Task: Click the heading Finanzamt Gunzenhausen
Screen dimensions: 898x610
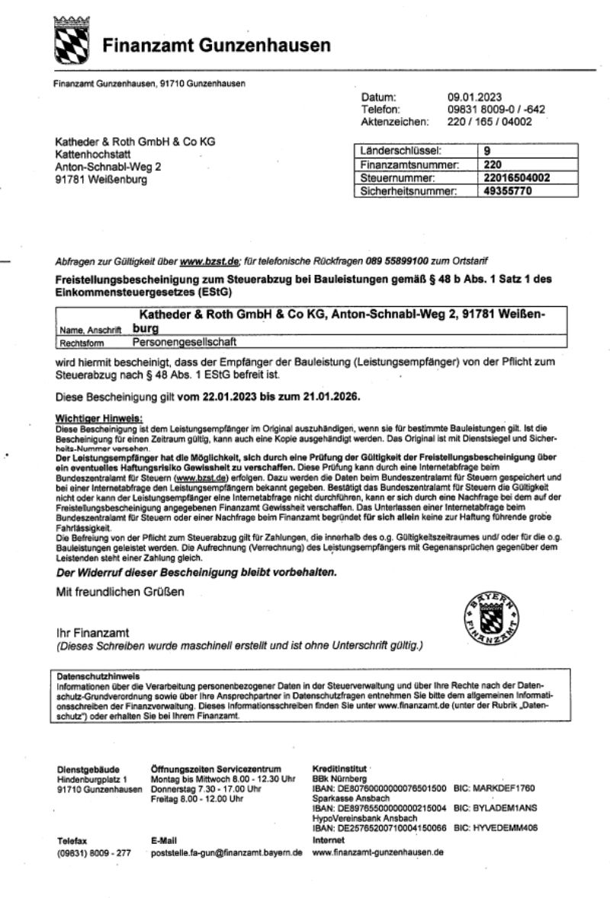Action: tap(217, 46)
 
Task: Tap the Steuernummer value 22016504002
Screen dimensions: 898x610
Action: tap(517, 177)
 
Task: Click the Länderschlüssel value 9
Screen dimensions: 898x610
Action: tap(488, 151)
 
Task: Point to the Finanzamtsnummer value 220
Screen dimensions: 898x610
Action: tap(493, 165)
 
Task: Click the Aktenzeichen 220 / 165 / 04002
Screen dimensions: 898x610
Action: tap(490, 121)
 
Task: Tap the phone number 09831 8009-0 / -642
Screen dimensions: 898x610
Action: tap(496, 109)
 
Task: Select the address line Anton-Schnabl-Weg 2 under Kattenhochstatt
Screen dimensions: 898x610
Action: tap(108, 167)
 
